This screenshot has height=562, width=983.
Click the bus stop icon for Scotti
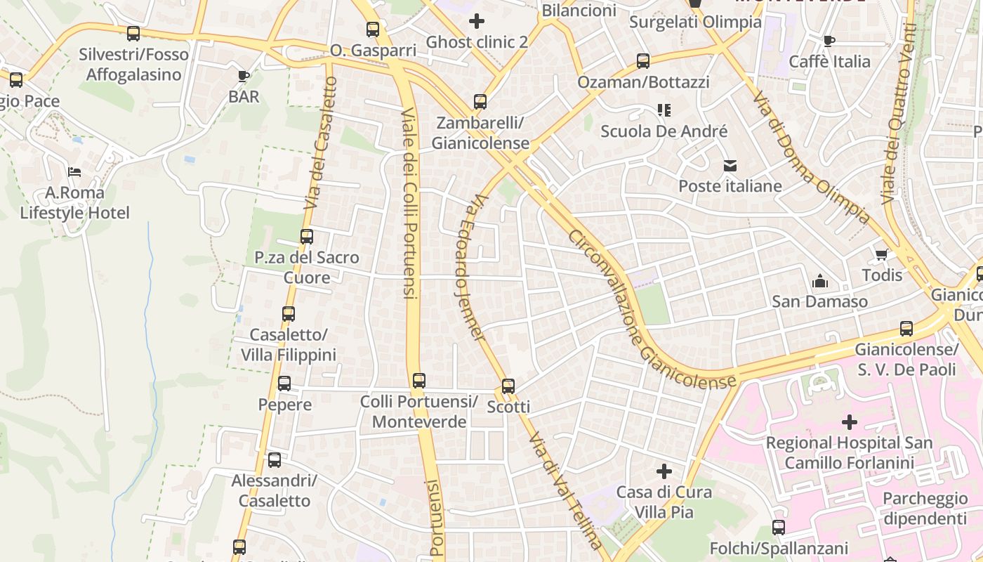click(x=508, y=386)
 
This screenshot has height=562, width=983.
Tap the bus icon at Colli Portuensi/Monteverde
click(x=419, y=381)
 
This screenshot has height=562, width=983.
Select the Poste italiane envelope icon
click(x=730, y=166)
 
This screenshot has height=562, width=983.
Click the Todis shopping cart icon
click(x=881, y=254)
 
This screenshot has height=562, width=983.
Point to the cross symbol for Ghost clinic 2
click(x=477, y=21)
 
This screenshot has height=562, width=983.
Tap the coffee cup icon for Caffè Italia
click(x=829, y=41)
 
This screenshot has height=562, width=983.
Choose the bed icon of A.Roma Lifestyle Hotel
click(x=74, y=171)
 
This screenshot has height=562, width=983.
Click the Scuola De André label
click(x=664, y=131)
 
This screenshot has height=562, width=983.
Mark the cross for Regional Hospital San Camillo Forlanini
click(x=850, y=422)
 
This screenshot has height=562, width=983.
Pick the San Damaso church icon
click(x=819, y=282)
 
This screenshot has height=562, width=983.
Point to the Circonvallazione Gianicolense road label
click(x=653, y=309)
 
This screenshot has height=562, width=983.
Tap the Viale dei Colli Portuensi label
click(x=410, y=204)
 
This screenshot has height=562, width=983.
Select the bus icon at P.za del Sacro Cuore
click(x=307, y=237)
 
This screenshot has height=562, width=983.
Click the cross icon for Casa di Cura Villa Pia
click(x=664, y=471)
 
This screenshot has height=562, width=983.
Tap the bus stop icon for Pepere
click(x=284, y=384)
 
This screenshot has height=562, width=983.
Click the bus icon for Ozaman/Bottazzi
click(x=643, y=61)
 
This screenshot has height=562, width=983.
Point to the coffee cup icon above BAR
click(x=244, y=76)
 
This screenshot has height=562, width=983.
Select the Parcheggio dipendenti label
click(x=925, y=509)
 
